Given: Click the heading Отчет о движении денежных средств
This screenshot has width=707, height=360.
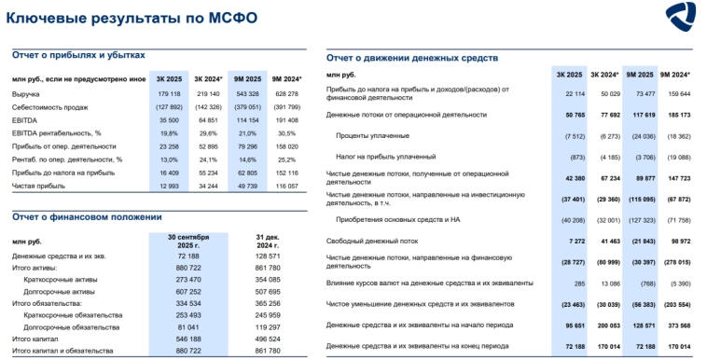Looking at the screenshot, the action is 411,58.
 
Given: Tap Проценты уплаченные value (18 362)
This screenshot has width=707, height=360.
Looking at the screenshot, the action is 674,135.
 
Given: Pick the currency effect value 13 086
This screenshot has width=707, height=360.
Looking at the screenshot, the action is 608,282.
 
